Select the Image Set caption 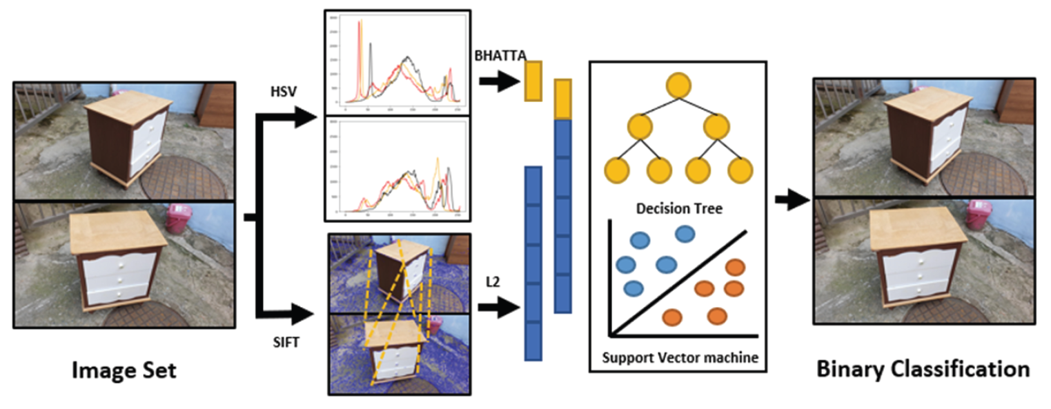124,370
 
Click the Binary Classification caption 923,369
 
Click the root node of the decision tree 678,85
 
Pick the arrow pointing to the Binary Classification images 792,201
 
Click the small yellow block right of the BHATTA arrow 533,81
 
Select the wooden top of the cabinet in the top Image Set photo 128,106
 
